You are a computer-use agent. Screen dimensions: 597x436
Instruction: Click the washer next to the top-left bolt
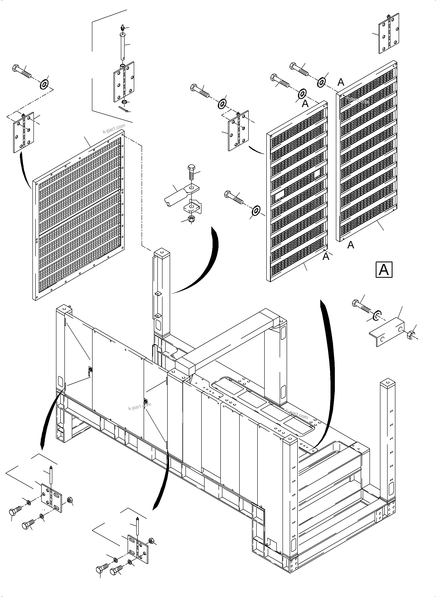44,84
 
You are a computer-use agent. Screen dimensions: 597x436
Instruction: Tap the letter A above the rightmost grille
341,82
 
